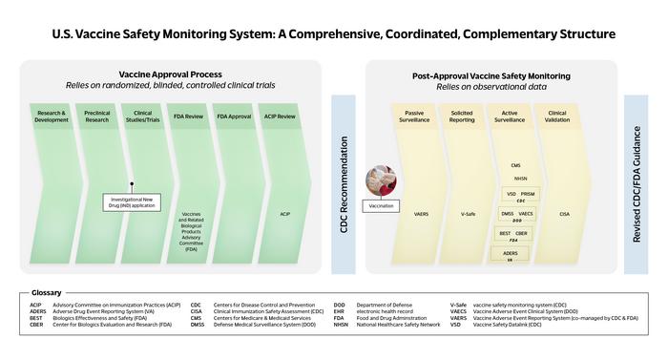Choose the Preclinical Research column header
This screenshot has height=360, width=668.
point(96,116)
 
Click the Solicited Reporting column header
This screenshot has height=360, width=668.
point(462,116)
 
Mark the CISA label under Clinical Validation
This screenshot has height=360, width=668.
point(564,215)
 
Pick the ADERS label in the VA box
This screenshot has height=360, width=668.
point(511,253)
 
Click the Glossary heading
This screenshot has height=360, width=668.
point(46,292)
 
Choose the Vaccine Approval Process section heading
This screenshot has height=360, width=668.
point(171,74)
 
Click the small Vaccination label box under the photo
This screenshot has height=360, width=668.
point(383,205)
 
